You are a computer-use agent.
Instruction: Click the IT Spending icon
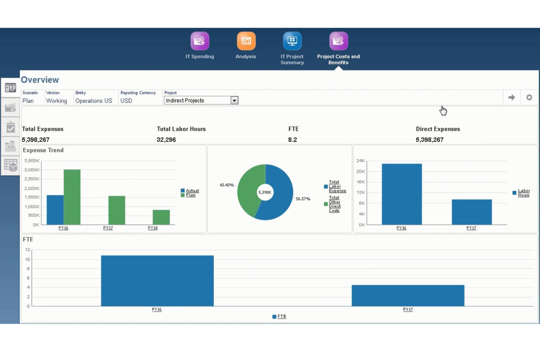click(200, 41)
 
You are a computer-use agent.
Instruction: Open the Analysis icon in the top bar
click(246, 41)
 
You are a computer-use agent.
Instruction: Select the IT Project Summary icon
click(292, 41)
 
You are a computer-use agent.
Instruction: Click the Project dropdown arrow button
click(234, 100)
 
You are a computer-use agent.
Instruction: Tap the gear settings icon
click(529, 97)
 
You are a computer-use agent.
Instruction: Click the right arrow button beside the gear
click(512, 97)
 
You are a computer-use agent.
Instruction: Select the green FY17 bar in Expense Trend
click(117, 210)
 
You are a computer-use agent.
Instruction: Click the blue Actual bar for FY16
click(55, 210)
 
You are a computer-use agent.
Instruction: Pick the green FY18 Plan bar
click(161, 217)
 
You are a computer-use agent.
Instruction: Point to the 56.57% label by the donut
click(303, 199)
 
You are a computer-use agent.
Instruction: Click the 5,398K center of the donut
click(265, 192)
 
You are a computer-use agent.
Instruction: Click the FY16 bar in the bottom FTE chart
click(157, 280)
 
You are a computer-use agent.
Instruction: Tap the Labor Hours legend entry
click(524, 193)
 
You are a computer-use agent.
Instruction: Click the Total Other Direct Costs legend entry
click(335, 204)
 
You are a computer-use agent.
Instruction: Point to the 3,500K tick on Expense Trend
click(32, 160)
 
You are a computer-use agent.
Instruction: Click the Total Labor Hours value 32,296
click(166, 140)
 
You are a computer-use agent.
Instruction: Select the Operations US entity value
click(94, 101)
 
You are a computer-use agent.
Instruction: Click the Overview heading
click(40, 80)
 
